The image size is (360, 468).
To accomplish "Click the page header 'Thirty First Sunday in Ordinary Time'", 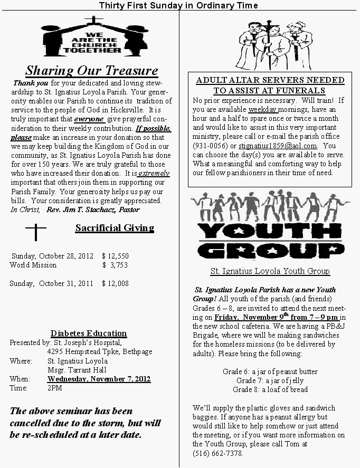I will click(178, 5).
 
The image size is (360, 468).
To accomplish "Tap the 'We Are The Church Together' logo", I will click(92, 37).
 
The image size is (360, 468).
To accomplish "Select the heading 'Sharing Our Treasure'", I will click(92, 71).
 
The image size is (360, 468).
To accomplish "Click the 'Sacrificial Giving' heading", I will click(115, 228).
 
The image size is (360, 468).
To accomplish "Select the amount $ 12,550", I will click(115, 256).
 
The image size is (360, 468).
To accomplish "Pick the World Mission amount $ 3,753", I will click(115, 265).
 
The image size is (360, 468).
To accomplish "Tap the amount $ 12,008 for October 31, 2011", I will click(115, 283).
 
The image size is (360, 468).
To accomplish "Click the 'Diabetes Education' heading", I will click(89, 333).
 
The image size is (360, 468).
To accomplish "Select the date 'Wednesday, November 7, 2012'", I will click(99, 379).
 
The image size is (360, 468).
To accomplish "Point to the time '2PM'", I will click(54, 388).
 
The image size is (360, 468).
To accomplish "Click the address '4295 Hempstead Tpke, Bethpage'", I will click(100, 351).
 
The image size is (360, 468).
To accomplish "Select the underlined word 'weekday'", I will click(262, 109).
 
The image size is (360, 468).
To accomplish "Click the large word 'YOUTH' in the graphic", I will click(270, 230).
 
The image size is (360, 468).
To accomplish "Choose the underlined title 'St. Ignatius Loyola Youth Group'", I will click(270, 271).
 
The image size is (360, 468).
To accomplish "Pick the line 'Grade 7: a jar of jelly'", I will click(270, 380).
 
